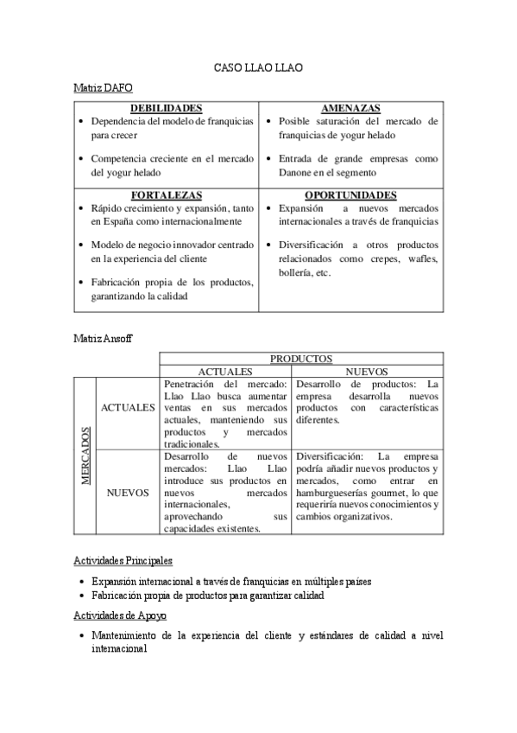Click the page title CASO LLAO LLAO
258,67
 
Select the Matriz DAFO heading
103,88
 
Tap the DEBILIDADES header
166,109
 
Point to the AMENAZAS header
350,109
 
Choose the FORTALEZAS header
166,195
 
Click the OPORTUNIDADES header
350,195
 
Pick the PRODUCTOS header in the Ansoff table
301,358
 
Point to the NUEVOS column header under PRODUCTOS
367,371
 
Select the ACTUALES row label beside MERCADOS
128,407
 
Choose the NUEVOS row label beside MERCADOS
129,493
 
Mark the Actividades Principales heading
123,561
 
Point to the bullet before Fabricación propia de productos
81,596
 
